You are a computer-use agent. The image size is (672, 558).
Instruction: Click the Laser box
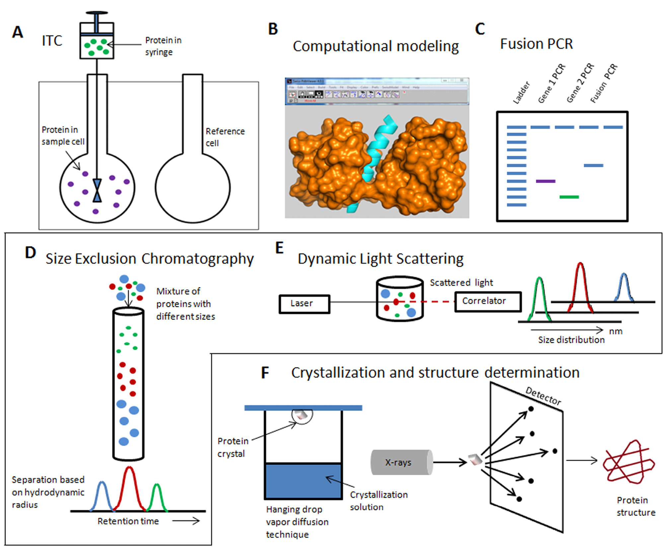304,304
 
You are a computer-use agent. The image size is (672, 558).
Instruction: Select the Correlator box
487,302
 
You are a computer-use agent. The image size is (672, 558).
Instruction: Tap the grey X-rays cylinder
401,462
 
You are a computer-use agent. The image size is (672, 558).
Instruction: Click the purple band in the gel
546,181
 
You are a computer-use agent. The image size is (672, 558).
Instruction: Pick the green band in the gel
569,197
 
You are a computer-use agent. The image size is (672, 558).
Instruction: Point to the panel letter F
265,373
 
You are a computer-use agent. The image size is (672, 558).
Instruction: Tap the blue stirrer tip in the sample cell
97,191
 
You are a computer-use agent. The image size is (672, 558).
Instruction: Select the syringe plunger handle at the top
97,13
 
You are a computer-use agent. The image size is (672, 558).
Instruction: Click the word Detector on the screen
543,396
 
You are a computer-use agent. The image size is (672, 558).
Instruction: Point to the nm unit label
616,331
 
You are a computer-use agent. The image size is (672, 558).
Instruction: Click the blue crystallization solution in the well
303,481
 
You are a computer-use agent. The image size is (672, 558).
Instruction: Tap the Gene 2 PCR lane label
580,83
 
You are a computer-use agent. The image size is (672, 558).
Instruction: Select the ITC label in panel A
52,41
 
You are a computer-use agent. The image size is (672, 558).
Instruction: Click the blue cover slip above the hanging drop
303,408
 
